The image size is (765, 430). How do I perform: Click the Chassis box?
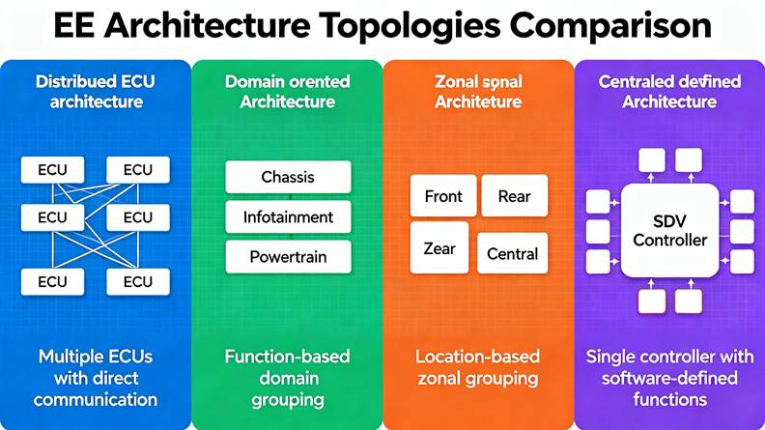[288, 177]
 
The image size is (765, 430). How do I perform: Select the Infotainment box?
[288, 216]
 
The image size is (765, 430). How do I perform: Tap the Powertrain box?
[288, 257]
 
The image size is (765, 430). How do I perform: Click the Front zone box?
[443, 196]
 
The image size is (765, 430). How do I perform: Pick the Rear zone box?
[514, 196]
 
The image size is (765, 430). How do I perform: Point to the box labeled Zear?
[439, 248]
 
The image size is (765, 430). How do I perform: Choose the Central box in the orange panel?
[512, 253]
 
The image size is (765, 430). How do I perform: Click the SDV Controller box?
[669, 230]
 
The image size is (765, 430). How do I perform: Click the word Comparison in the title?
[610, 25]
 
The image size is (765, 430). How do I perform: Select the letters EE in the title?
[73, 25]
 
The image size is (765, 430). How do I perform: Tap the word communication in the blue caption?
[96, 399]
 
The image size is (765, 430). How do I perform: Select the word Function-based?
[288, 357]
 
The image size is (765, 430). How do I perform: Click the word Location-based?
[477, 357]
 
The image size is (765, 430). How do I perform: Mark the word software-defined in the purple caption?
[669, 378]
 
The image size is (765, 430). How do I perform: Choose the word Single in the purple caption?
[610, 358]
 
